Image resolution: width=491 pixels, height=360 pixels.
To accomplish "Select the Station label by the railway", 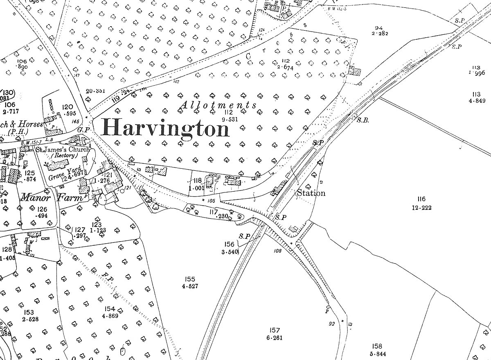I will click(311, 193).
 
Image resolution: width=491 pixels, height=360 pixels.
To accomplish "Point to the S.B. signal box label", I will click(363, 120).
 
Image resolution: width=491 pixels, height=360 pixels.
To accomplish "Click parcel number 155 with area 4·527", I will click(190, 283).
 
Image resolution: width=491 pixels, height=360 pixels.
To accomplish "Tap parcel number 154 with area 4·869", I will click(110, 312).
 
